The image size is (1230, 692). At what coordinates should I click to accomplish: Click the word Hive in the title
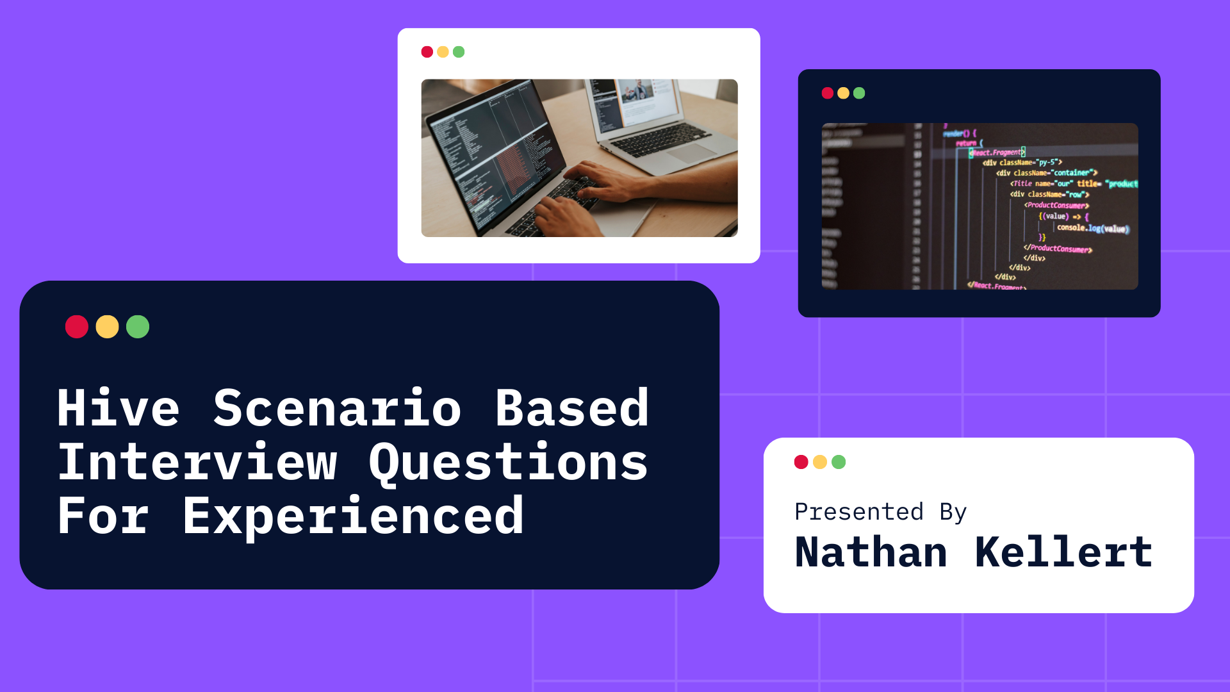[x=119, y=408]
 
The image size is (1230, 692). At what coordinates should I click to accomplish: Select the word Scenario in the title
[x=337, y=408]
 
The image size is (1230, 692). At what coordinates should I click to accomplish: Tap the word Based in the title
[x=572, y=408]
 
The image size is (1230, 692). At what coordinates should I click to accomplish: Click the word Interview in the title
[x=197, y=463]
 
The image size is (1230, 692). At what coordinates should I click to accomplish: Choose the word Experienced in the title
[x=353, y=516]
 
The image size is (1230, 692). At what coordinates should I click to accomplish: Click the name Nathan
[x=871, y=552]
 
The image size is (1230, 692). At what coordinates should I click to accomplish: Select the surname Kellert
[x=1063, y=552]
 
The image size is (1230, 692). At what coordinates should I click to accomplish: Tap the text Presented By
[x=880, y=512]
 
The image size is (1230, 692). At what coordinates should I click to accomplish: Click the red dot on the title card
[x=77, y=327]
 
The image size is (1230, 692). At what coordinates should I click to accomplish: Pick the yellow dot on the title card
[x=107, y=327]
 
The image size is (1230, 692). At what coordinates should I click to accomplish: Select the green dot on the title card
[x=138, y=327]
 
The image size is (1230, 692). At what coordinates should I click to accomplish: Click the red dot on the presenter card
[x=801, y=462]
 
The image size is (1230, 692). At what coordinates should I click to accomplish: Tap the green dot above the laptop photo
[x=459, y=52]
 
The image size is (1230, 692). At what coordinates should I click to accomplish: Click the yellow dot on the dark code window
[x=843, y=94]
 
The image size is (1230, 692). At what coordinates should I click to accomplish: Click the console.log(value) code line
[x=1092, y=228]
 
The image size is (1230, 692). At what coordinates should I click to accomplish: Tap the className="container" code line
[x=1046, y=173]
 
